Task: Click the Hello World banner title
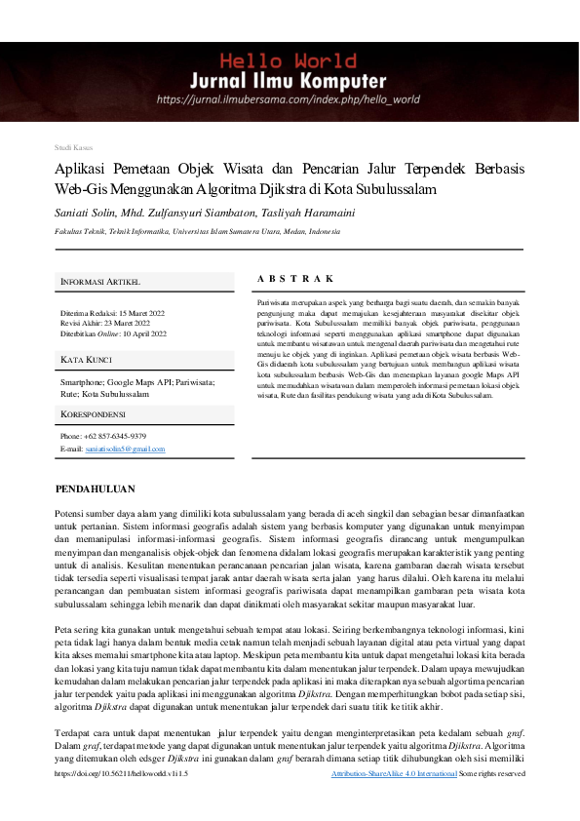pos(289,58)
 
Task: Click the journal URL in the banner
pos(289,98)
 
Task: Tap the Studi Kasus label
pos(73,147)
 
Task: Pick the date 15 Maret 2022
pos(139,313)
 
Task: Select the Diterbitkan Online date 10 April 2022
pos(140,333)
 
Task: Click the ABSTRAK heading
pos(296,280)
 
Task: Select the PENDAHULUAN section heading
pos(96,489)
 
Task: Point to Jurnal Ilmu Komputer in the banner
pos(289,79)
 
